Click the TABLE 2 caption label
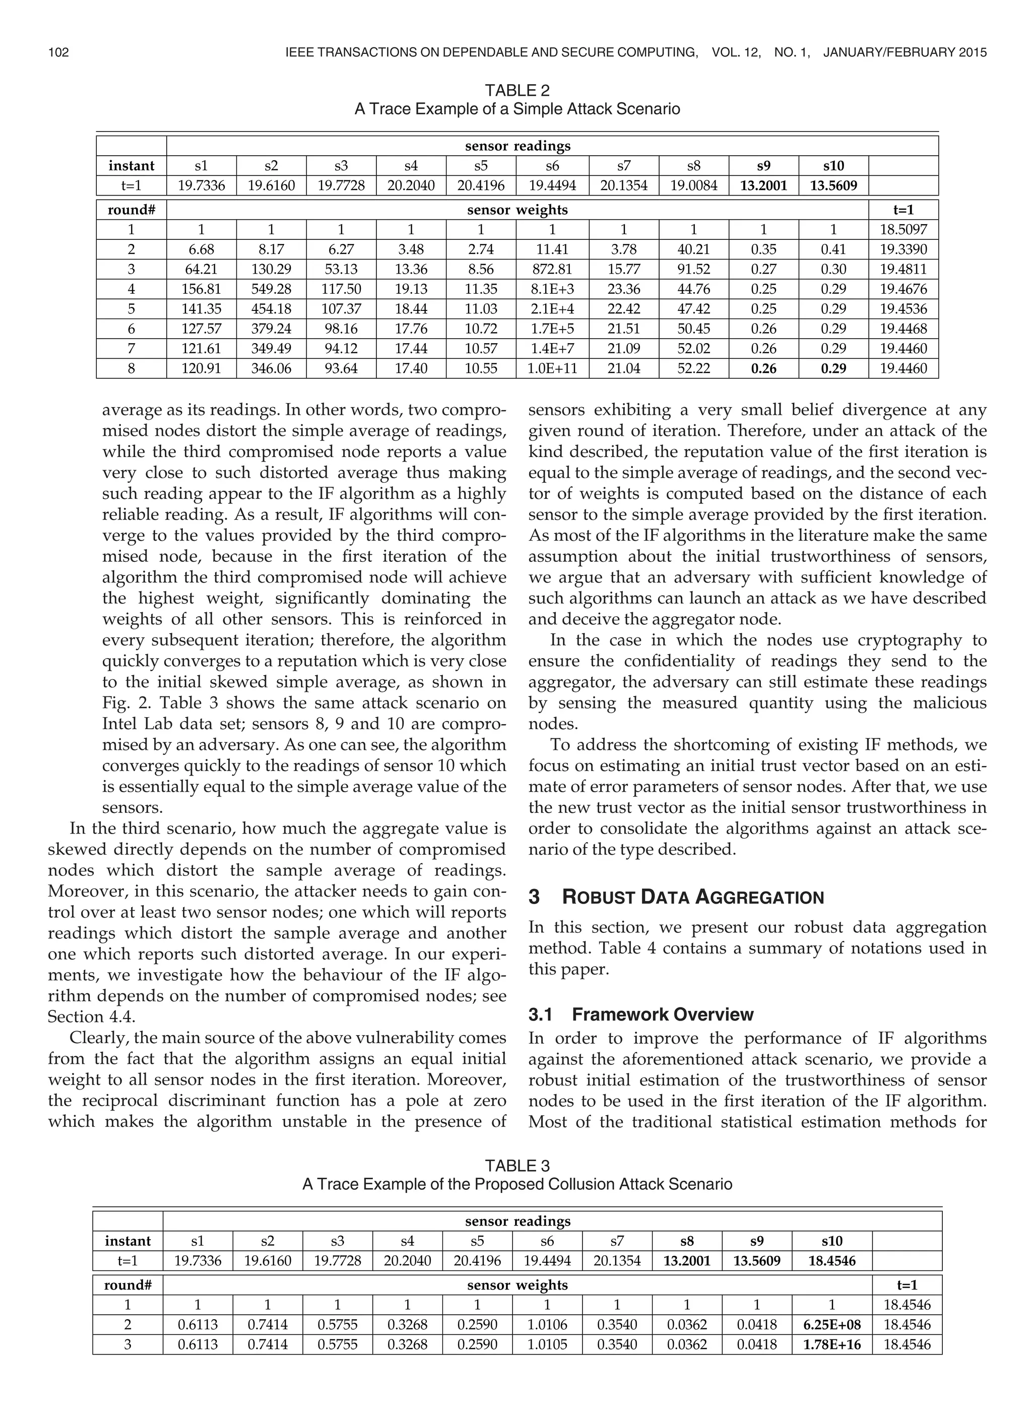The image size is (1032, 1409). pyautogui.click(x=517, y=91)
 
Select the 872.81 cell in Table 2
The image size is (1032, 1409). pyautogui.click(x=552, y=269)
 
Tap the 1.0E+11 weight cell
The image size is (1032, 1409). pyautogui.click(x=552, y=368)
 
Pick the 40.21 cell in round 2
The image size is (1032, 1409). pyautogui.click(x=693, y=250)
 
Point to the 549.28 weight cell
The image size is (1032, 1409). pyautogui.click(x=271, y=289)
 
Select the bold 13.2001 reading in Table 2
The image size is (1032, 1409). pyautogui.click(x=763, y=185)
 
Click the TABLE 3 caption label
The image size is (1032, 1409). pyautogui.click(x=517, y=1166)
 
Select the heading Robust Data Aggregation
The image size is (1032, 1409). pyautogui.click(x=693, y=898)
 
